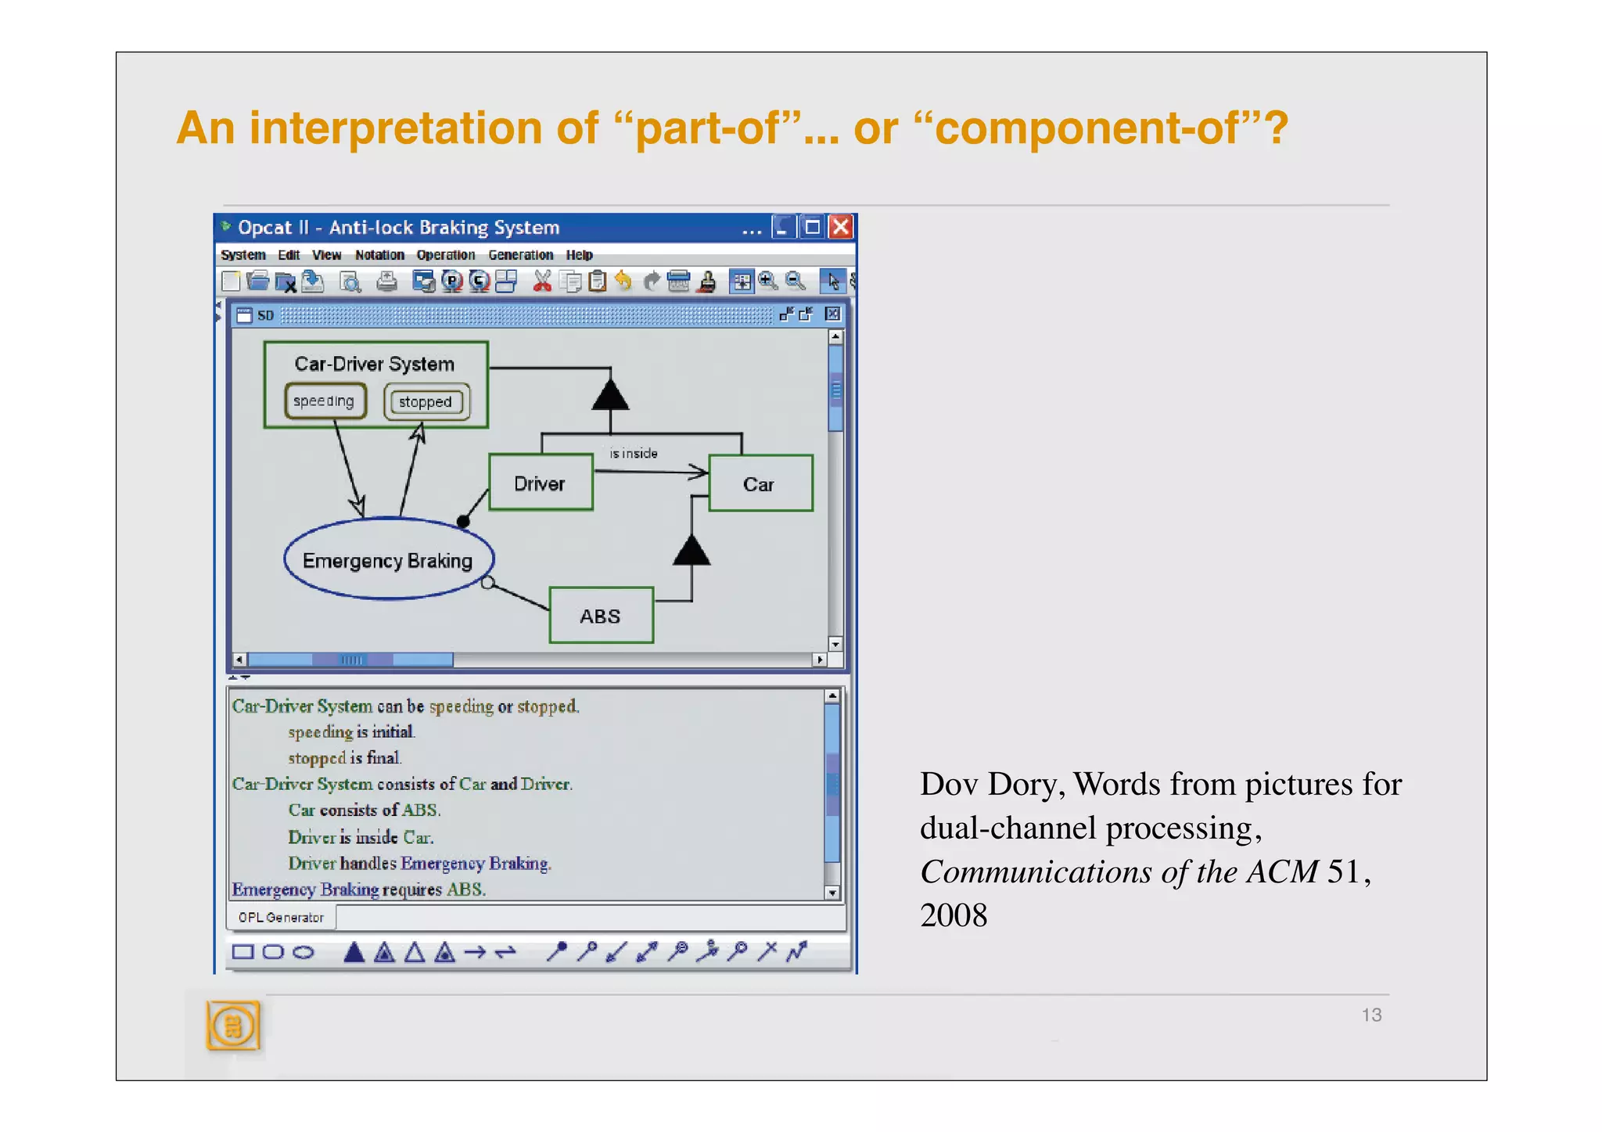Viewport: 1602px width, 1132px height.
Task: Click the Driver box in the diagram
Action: (x=541, y=483)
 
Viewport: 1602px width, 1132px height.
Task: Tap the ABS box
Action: (x=601, y=616)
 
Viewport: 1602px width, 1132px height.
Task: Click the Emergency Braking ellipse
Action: (x=388, y=560)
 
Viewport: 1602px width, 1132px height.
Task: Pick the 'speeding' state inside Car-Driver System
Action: (x=325, y=401)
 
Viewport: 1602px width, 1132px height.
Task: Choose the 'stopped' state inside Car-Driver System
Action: (x=426, y=402)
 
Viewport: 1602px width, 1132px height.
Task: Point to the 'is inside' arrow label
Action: (x=633, y=454)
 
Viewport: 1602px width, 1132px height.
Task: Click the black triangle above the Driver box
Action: (x=610, y=394)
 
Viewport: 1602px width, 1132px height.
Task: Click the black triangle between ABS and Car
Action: (x=691, y=551)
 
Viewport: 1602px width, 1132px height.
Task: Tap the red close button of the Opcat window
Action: (x=841, y=228)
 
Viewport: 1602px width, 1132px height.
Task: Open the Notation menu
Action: (x=379, y=255)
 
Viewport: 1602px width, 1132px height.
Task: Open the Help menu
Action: (x=579, y=255)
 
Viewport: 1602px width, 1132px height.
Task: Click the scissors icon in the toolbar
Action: (x=542, y=281)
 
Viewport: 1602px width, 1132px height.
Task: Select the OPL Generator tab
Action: (x=281, y=918)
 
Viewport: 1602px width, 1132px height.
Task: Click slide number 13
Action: (x=1371, y=1015)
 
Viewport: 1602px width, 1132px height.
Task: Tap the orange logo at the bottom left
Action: (x=232, y=1026)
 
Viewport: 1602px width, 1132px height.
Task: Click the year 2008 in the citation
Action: (x=954, y=915)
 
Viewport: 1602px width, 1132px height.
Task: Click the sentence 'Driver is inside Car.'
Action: (x=361, y=838)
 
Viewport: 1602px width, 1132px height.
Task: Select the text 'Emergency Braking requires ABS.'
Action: (x=359, y=890)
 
